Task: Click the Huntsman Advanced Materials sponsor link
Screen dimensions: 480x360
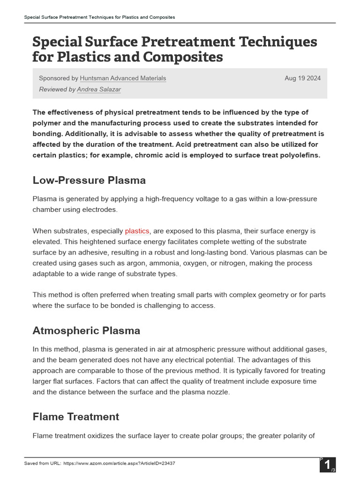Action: coord(123,78)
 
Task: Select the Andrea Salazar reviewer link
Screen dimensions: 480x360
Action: coord(98,89)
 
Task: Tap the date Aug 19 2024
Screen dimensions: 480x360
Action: coord(302,78)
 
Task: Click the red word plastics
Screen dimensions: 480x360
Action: coord(137,231)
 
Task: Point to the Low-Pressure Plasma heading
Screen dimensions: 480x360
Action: coord(89,180)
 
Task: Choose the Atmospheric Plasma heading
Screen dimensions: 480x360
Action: coord(86,330)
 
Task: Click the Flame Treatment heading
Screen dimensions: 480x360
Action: coord(76,417)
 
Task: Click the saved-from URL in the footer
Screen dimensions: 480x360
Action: coord(119,464)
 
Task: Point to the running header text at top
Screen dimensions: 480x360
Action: coord(99,17)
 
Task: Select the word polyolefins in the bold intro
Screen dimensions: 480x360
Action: coord(298,155)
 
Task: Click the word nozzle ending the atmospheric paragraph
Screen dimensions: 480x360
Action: coord(217,392)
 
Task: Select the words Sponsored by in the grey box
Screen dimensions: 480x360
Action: coord(59,78)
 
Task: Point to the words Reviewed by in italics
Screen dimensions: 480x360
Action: coord(57,89)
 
